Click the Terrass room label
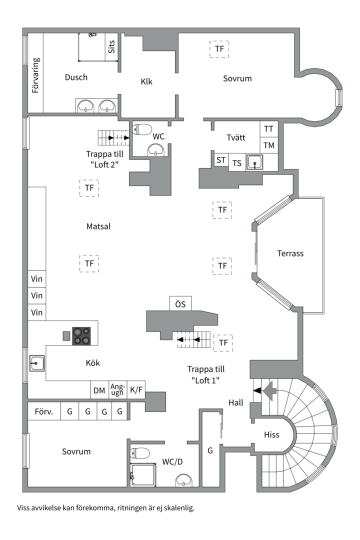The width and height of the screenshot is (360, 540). click(x=290, y=253)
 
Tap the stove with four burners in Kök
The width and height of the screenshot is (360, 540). click(x=81, y=336)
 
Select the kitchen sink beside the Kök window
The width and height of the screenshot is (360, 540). click(x=36, y=363)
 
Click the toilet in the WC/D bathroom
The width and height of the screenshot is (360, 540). click(x=139, y=453)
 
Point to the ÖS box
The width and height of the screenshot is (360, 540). click(x=180, y=303)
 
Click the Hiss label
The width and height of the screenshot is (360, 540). click(x=271, y=434)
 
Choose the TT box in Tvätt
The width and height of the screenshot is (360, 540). click(x=268, y=129)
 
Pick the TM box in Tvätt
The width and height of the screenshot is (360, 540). click(x=268, y=145)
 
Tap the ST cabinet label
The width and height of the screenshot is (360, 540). click(x=221, y=160)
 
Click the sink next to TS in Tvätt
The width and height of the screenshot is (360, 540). click(x=254, y=162)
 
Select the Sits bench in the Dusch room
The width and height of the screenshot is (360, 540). click(x=111, y=47)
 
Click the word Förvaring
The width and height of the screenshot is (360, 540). click(x=36, y=75)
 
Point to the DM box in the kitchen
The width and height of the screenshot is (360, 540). click(x=99, y=390)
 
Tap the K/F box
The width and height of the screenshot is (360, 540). click(x=136, y=390)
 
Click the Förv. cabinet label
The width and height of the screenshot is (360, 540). click(x=44, y=411)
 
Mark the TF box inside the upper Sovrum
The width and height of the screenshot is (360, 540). click(x=219, y=49)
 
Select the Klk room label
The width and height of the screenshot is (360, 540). click(x=146, y=82)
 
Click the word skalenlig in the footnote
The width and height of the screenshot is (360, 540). click(x=179, y=508)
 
